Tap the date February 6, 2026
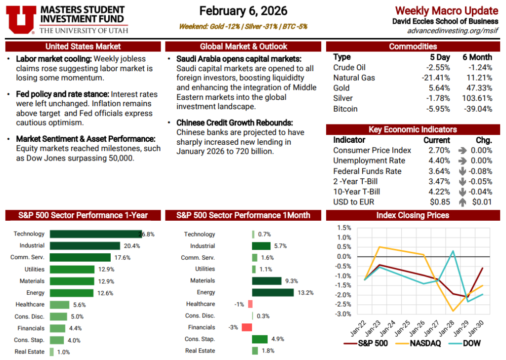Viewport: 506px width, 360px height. pyautogui.click(x=244, y=11)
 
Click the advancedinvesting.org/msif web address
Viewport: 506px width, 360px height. pyautogui.click(x=453, y=31)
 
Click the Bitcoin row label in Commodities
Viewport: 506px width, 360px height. pyautogui.click(x=345, y=109)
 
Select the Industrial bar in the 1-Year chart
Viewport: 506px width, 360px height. pyautogui.click(x=84, y=245)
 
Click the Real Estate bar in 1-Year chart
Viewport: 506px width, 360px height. pyautogui.click(x=51, y=352)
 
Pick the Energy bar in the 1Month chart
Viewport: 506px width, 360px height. pyautogui.click(x=273, y=292)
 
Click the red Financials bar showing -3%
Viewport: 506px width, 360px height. pyautogui.click(x=247, y=327)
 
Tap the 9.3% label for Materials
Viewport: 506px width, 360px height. pyautogui.click(x=292, y=281)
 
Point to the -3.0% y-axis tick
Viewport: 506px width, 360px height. pyautogui.click(x=344, y=314)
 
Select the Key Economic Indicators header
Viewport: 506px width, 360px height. pyautogui.click(x=413, y=129)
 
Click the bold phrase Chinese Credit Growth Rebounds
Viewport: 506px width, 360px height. pyautogui.click(x=235, y=122)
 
